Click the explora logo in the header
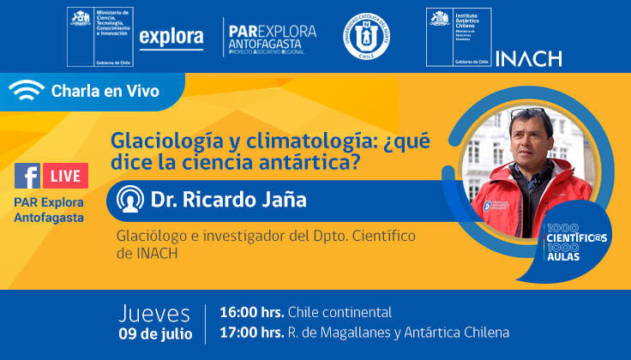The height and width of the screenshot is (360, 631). [171, 37]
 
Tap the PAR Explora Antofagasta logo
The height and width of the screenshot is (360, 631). [271, 37]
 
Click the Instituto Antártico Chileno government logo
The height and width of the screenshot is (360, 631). [459, 36]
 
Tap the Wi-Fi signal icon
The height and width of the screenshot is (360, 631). [27, 92]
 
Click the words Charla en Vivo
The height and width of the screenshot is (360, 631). [105, 92]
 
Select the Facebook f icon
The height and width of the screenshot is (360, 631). [27, 177]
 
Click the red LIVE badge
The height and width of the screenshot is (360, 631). [64, 177]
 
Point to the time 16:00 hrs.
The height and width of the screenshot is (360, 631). [252, 312]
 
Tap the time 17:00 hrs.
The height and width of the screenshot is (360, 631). [252, 333]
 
